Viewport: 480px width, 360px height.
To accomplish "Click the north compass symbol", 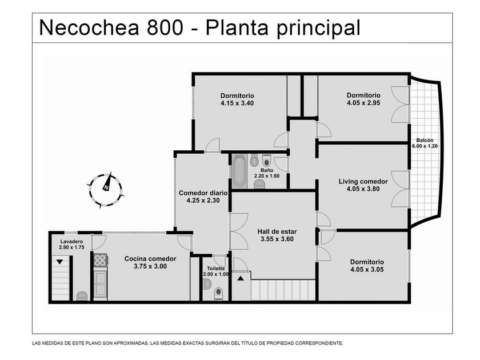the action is (x=105, y=190).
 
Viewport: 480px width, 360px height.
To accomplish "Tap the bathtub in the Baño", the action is (x=239, y=171).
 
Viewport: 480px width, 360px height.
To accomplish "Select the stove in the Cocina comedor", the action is (x=100, y=261).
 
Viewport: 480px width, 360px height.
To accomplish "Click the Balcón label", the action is (x=425, y=140).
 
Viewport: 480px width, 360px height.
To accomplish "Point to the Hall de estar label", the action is (x=277, y=231).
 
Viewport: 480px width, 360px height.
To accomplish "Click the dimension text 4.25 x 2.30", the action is (x=203, y=201).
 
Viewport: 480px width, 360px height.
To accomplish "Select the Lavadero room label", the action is (x=71, y=242).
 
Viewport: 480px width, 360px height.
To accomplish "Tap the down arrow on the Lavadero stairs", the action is (x=59, y=262).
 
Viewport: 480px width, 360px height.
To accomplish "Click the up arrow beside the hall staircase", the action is (x=241, y=278).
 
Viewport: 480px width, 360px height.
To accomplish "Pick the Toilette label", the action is (x=216, y=269).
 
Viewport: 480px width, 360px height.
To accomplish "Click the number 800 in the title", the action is (x=165, y=27).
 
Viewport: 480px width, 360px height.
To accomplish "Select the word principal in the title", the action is (x=319, y=28).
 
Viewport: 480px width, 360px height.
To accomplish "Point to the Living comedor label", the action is (x=363, y=182).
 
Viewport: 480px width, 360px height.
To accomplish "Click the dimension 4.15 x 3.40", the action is (x=237, y=103).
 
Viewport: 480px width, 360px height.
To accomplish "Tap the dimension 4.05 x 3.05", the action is (x=367, y=269).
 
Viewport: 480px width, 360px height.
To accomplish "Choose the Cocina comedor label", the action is (x=150, y=259).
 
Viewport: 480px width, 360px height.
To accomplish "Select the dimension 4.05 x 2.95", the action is (x=363, y=103).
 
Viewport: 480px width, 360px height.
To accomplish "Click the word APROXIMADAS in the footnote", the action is (x=131, y=343).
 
